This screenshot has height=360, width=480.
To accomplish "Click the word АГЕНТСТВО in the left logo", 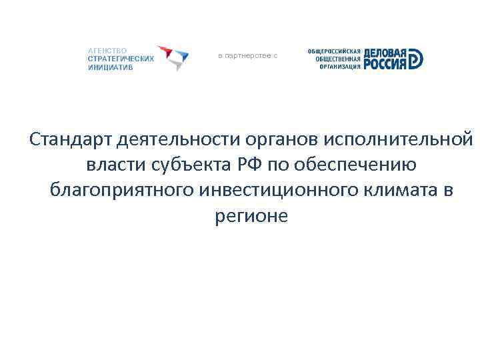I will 107,50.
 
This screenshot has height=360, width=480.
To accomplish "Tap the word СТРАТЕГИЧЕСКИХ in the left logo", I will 121,59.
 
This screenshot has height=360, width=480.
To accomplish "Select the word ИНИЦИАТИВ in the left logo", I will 110,67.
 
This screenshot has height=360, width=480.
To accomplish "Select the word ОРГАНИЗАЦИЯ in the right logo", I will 340,66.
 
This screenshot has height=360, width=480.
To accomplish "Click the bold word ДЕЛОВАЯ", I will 385,52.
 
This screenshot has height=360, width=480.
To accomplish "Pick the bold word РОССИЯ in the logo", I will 385,64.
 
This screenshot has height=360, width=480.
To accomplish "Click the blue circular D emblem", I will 416,59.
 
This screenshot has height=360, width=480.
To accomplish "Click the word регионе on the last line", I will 251,215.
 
